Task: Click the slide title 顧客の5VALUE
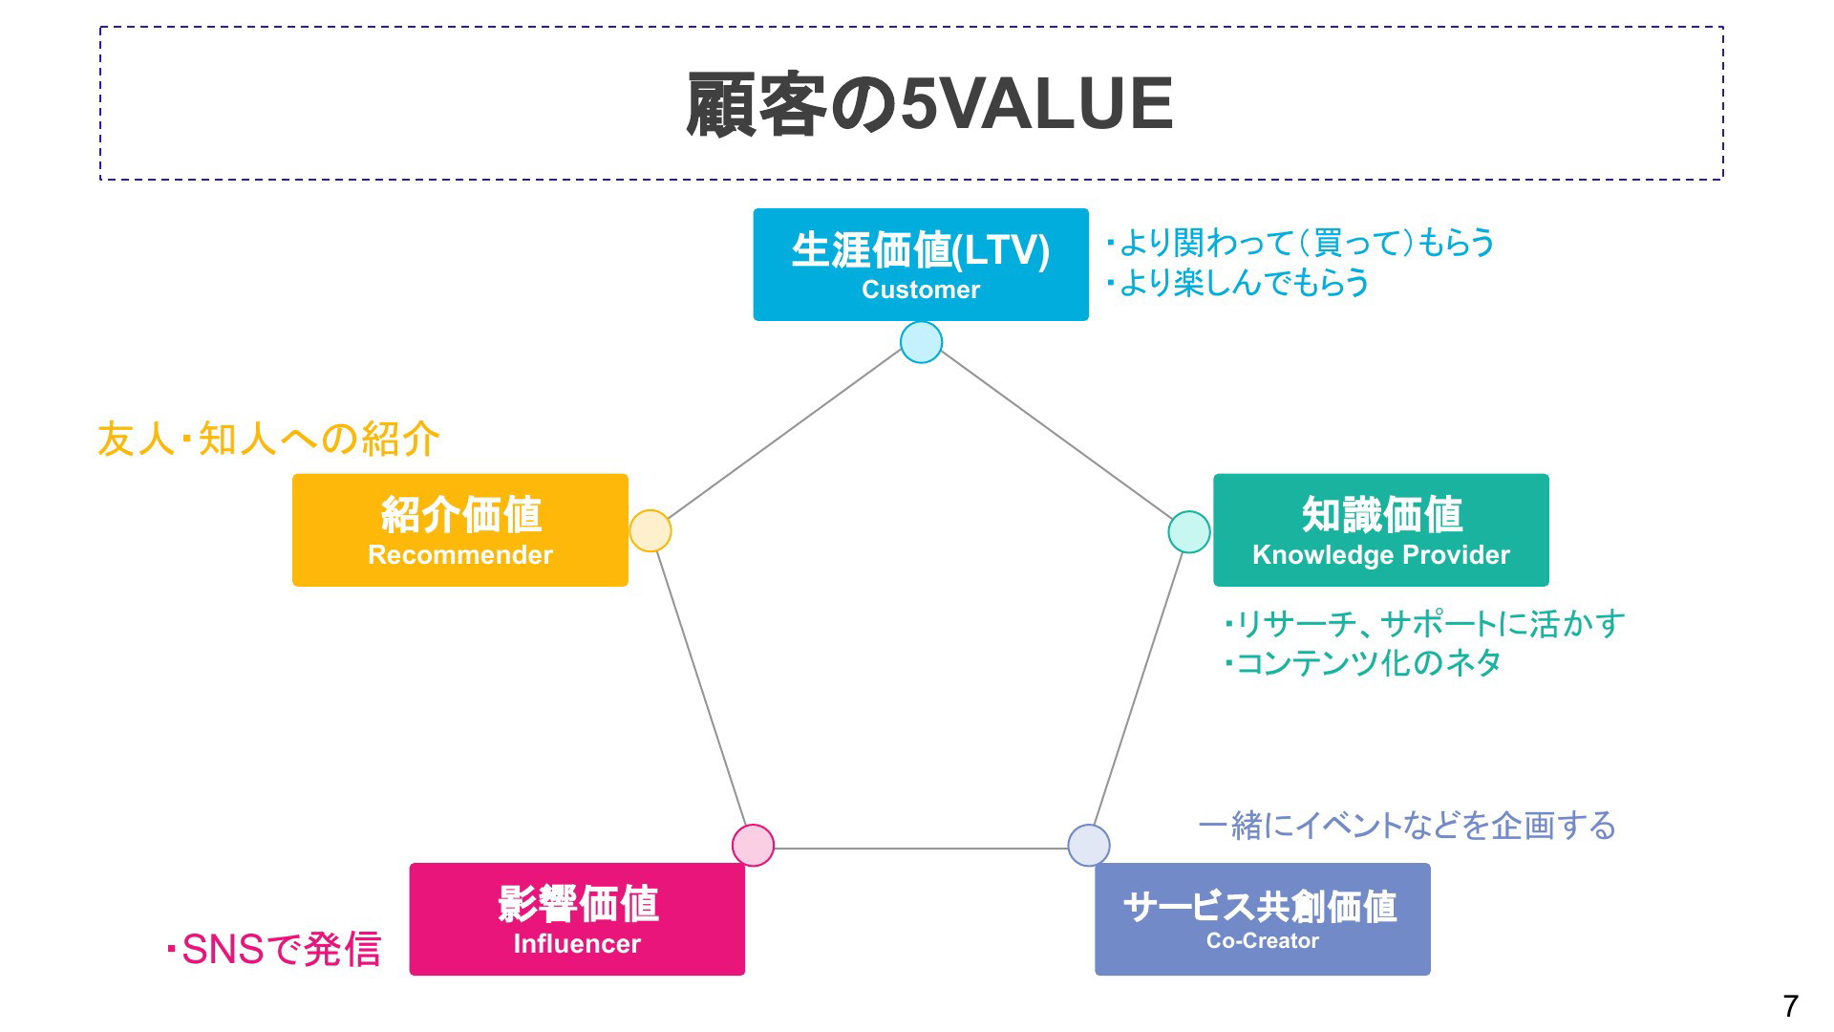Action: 928,104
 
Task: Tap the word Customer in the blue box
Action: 920,290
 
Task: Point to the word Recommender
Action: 459,555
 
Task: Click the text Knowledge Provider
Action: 1380,555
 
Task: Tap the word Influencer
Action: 577,944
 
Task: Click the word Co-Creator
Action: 1262,941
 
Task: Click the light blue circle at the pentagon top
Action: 921,342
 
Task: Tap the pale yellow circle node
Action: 650,531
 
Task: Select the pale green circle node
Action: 1189,531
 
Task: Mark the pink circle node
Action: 753,846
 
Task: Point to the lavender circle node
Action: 1088,846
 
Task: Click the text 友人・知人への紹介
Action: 268,440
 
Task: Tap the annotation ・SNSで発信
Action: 273,950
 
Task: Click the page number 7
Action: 1790,1006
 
